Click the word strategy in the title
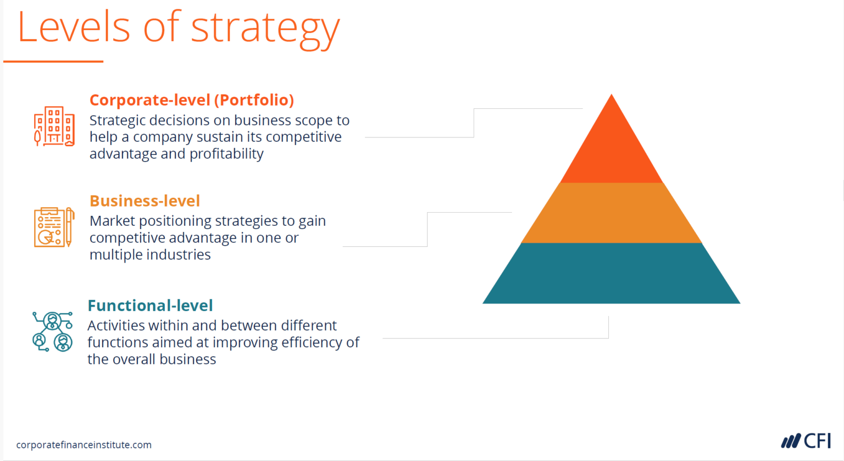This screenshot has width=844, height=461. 265,29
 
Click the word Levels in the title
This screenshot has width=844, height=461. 74,27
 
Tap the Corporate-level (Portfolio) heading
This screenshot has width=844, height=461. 192,100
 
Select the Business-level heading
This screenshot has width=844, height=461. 145,201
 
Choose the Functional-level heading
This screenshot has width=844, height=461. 150,306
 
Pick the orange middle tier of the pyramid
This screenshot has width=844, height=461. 611,213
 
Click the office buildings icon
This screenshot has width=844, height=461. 54,126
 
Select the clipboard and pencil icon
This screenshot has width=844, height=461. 54,227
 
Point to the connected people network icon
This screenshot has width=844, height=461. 53,331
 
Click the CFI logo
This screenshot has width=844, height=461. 806,441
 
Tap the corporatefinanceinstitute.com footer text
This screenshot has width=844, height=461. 84,445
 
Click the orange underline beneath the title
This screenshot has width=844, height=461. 53,62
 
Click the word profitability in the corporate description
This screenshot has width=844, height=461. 226,154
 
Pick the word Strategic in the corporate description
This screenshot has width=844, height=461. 118,120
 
